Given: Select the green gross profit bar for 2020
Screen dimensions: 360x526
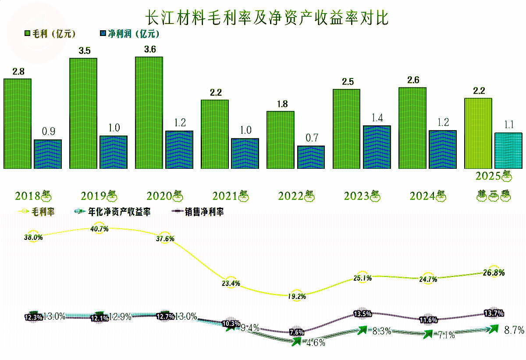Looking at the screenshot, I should [149, 113].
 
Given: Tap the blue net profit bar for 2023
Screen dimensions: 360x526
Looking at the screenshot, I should [377, 147].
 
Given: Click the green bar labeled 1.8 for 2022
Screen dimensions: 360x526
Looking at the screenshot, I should [280, 140].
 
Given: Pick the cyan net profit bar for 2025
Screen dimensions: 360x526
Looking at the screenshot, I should [508, 150].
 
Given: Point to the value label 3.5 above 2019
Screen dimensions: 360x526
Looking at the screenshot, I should [84, 51].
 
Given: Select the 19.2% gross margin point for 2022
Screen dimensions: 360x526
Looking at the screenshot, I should [297, 296].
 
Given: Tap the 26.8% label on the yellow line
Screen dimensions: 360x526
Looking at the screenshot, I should [494, 273].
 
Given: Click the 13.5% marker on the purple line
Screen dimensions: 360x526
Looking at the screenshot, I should [363, 314].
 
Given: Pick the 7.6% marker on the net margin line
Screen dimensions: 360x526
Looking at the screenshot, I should [297, 332].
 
